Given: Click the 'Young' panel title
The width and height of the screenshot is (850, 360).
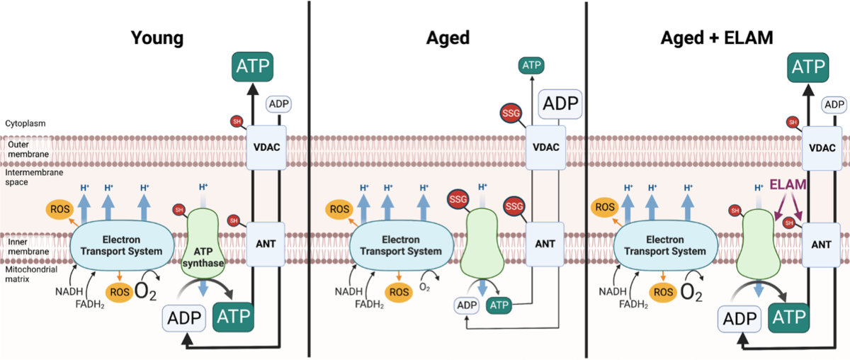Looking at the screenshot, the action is (157, 38).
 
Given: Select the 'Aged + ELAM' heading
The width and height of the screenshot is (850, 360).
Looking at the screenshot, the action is (717, 38).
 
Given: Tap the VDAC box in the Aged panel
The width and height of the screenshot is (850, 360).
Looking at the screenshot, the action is (545, 147).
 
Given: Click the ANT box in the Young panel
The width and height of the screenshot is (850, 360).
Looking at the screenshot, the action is (266, 244).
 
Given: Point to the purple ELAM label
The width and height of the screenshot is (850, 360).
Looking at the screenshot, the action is (788, 184).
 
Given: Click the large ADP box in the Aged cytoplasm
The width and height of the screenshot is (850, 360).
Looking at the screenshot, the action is (560, 103).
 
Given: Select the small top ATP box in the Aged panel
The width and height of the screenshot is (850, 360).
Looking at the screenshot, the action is (531, 65).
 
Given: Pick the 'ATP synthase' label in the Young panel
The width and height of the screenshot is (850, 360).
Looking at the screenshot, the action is (203, 257).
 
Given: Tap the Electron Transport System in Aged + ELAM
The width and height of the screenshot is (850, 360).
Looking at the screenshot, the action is (665, 245).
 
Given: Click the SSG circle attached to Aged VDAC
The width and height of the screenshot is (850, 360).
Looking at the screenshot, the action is (511, 113).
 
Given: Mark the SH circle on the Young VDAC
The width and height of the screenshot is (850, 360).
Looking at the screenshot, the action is (237, 121).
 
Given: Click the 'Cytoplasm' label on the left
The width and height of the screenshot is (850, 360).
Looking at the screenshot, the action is (25, 123).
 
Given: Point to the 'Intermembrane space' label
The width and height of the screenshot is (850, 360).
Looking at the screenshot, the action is (34, 177).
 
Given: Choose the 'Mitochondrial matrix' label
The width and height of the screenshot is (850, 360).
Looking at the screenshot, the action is (31, 274).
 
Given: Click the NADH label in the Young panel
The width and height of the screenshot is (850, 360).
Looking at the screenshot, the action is (69, 292).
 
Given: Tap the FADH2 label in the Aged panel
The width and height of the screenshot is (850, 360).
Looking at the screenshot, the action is (369, 304).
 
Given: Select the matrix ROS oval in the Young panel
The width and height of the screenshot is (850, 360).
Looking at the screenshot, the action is (120, 292).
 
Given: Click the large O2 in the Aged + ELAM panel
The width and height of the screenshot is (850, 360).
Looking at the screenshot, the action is (691, 293).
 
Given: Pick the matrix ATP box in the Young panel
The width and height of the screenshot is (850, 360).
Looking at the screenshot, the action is (233, 317).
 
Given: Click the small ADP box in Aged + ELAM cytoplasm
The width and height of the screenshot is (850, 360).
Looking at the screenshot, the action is (834, 105).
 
